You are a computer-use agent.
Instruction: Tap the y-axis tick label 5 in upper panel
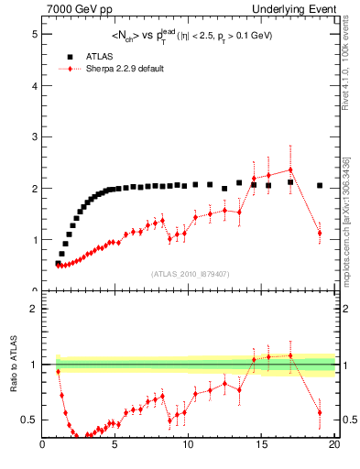tap(34, 34)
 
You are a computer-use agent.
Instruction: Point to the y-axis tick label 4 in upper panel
tap(34, 85)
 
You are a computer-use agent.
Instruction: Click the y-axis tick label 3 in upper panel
tap(34, 136)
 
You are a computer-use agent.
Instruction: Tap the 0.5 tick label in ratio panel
tap(29, 420)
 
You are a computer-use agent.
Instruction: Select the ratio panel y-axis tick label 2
tap(34, 309)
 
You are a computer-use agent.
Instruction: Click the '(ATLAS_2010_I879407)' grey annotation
tap(190, 273)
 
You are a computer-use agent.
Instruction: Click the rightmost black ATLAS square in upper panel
tap(320, 185)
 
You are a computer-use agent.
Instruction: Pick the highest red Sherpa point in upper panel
tap(290, 169)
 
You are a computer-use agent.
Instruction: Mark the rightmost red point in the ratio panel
tap(320, 412)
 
